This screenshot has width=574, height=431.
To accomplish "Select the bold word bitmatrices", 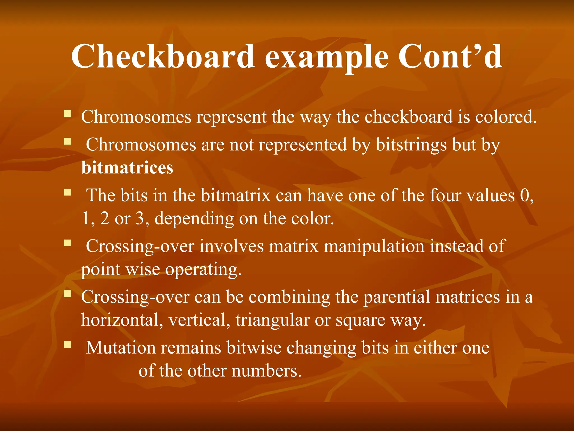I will click(x=127, y=168).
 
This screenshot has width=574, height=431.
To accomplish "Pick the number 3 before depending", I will click(x=140, y=218).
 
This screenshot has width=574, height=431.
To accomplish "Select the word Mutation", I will click(x=121, y=348).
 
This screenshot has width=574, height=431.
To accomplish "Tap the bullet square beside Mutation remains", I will click(x=67, y=344).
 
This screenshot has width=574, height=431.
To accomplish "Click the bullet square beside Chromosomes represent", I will click(x=67, y=114).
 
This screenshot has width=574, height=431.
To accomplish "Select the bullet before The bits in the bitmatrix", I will click(x=67, y=192).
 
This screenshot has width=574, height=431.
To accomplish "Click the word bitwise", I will click(x=254, y=348).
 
